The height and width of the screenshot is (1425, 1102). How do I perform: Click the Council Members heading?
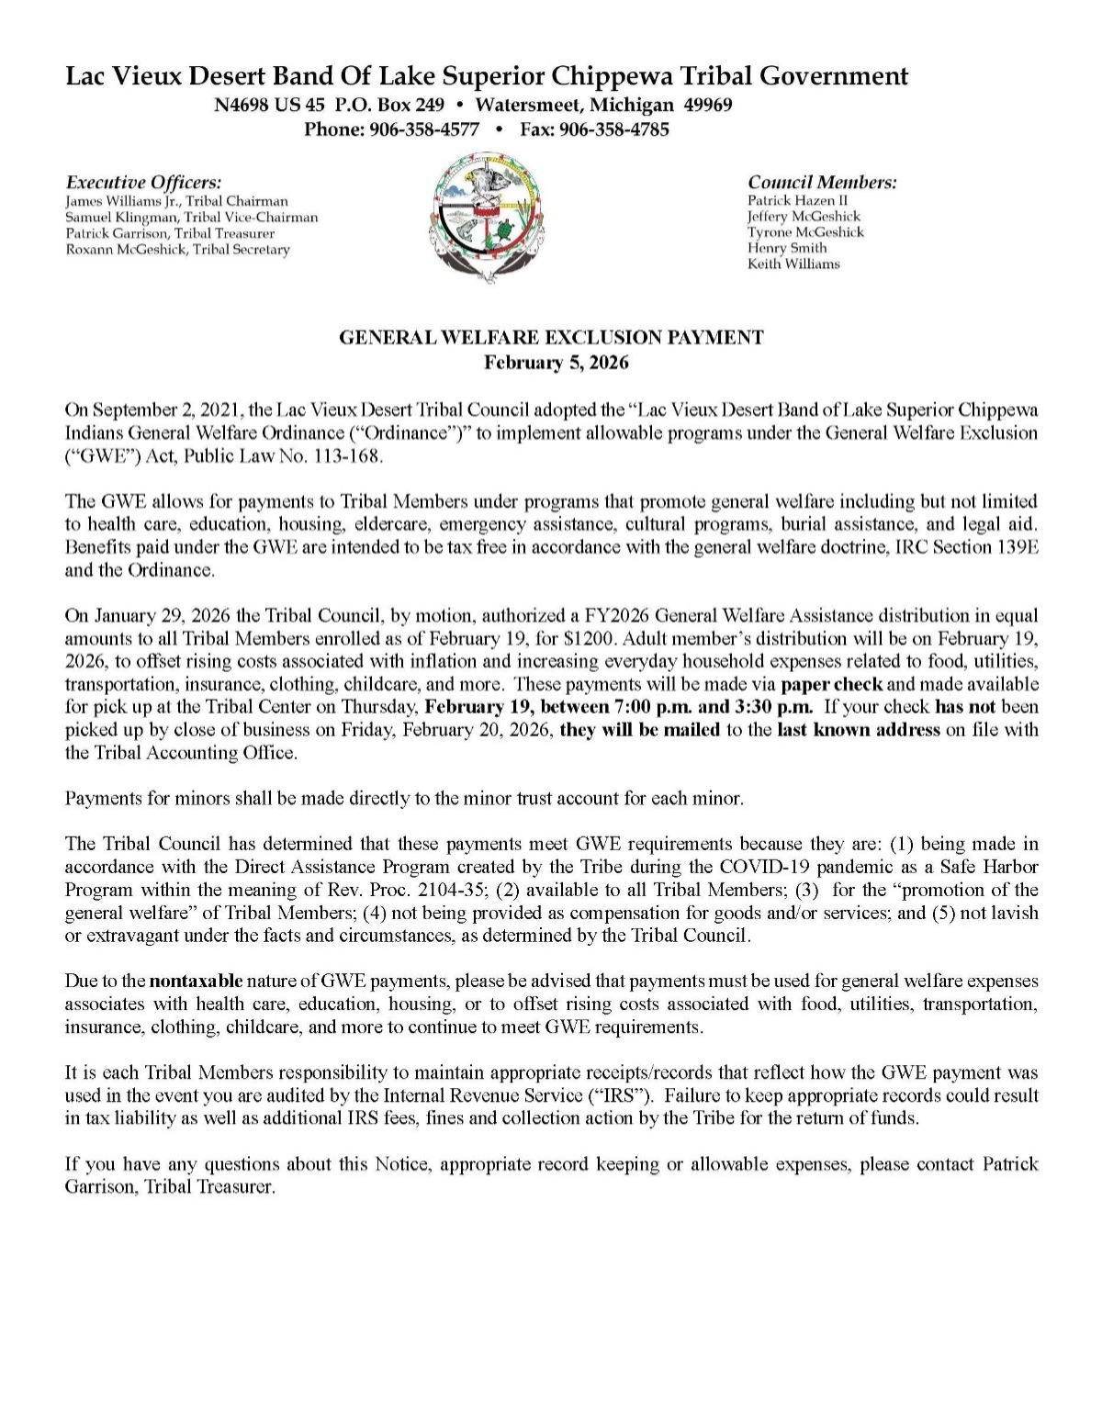pos(822,182)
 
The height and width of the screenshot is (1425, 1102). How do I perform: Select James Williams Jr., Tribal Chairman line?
pos(177,200)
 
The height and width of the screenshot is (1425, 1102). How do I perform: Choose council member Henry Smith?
pos(787,248)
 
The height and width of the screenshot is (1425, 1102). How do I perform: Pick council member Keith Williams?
pos(793,264)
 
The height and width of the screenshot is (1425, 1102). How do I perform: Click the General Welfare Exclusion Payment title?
pos(551,338)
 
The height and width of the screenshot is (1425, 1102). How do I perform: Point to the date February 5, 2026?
pos(557,363)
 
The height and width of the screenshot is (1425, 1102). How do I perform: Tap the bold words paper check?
pos(833,684)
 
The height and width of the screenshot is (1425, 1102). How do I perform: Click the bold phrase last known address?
pos(859,731)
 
